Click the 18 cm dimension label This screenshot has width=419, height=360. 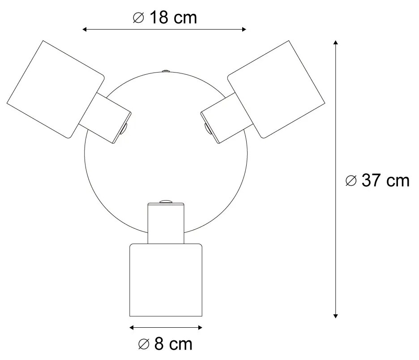coord(165,17)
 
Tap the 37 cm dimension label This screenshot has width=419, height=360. coord(377,180)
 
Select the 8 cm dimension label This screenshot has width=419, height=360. coord(165,344)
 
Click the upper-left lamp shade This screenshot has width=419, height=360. coord(56,89)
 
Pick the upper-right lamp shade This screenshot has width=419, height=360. coord(276,89)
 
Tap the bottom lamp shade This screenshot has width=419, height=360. coord(166,280)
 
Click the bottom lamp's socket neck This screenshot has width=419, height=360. coord(166,223)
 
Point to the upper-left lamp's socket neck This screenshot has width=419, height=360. coord(105,118)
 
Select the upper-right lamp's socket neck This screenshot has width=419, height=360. coord(227,118)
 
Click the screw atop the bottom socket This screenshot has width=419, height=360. coord(166,201)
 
